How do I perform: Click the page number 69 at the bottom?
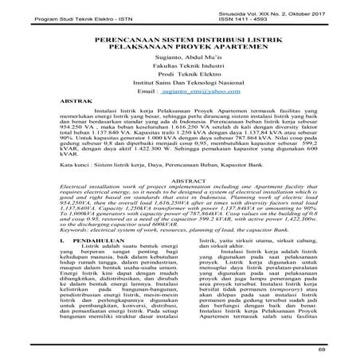pos(322,348)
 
